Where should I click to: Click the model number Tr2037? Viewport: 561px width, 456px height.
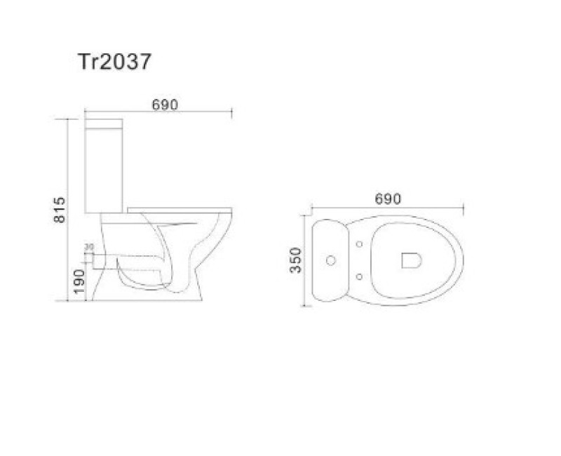(x=114, y=62)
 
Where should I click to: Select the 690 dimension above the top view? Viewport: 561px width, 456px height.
(x=387, y=199)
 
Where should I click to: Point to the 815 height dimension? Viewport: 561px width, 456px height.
(x=60, y=210)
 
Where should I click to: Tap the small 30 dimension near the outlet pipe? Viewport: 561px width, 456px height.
(x=89, y=246)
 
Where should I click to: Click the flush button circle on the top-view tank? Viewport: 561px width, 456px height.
(x=330, y=261)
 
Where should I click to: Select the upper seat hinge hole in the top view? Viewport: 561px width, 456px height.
(x=359, y=245)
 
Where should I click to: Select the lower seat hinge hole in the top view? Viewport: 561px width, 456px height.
(x=359, y=277)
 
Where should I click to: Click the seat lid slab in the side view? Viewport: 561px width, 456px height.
(x=181, y=209)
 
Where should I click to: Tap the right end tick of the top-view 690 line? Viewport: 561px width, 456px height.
(x=464, y=208)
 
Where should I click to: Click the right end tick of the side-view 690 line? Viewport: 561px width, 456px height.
(x=231, y=112)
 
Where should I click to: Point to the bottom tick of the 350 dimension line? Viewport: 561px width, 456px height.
(x=306, y=307)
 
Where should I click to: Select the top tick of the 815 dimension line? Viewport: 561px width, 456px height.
(x=68, y=119)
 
